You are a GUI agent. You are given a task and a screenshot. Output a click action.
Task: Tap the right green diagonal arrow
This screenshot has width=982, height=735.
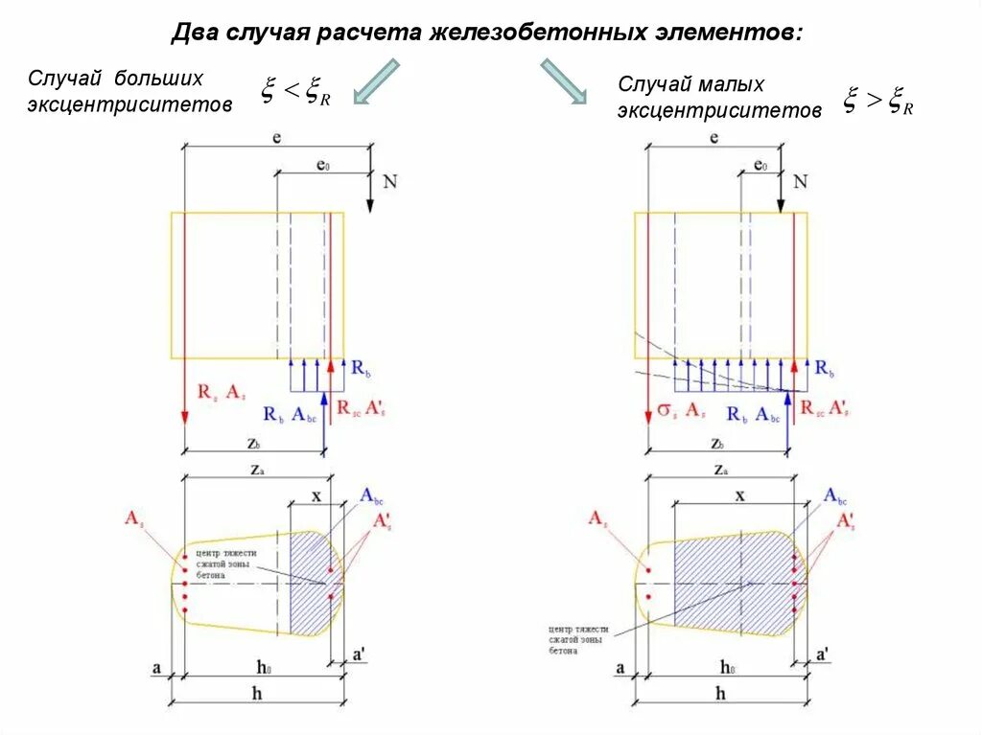[x=563, y=80]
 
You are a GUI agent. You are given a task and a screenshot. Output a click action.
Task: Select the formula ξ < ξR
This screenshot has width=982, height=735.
[x=296, y=93]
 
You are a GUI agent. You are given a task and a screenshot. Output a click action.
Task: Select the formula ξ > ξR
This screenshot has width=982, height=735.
[x=877, y=100]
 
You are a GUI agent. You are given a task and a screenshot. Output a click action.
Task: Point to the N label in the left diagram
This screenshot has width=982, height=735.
[x=388, y=181]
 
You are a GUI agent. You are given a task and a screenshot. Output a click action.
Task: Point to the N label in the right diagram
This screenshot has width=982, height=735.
[x=801, y=181]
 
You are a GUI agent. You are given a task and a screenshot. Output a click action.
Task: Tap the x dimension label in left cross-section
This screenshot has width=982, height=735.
[x=316, y=496]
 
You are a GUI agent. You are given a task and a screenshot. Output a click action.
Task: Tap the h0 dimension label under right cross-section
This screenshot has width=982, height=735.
[x=727, y=668]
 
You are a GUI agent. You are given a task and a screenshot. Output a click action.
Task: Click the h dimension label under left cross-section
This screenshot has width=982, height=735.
[x=257, y=693]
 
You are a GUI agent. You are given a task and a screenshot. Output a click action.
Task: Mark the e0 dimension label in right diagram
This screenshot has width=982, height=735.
[x=760, y=166]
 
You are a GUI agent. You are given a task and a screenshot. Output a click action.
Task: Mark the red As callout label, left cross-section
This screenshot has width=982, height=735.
[x=133, y=518]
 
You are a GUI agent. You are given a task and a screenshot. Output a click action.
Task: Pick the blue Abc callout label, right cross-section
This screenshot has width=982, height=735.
[x=835, y=497]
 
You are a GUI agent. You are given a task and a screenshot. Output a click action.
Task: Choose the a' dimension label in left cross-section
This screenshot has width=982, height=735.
[x=358, y=655]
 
